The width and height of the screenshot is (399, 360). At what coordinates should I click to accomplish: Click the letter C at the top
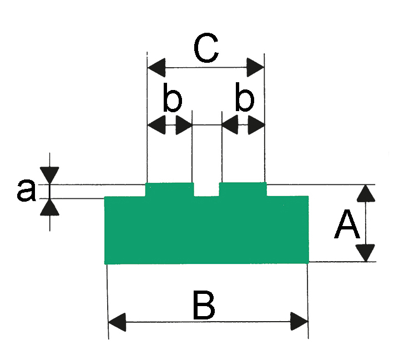pyautogui.click(x=206, y=48)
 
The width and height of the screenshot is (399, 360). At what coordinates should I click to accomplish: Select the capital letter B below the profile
pyautogui.click(x=204, y=305)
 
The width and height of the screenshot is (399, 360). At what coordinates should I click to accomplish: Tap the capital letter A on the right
pyautogui.click(x=347, y=224)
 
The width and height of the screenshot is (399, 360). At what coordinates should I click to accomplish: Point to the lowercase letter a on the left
pyautogui.click(x=26, y=191)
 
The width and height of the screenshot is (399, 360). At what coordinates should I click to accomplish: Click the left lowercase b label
pyautogui.click(x=172, y=97)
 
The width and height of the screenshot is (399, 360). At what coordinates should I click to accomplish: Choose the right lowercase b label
pyautogui.click(x=245, y=97)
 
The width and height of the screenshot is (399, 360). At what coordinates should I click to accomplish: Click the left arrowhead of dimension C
pyautogui.click(x=156, y=68)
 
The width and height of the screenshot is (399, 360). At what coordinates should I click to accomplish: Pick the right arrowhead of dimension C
pyautogui.click(x=255, y=68)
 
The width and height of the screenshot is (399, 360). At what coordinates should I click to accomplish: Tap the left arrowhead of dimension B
pyautogui.click(x=117, y=322)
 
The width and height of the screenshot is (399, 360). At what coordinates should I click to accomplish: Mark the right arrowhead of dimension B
pyautogui.click(x=299, y=322)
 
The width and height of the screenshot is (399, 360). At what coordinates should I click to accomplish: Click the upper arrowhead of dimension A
pyautogui.click(x=366, y=193)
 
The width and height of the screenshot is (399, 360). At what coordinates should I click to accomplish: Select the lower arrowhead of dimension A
pyautogui.click(x=366, y=253)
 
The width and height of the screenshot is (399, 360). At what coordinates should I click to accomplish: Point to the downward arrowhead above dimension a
pyautogui.click(x=49, y=176)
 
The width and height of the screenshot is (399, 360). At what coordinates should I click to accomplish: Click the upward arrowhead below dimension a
pyautogui.click(x=49, y=207)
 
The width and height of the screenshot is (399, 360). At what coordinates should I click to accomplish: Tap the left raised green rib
pyautogui.click(x=169, y=189)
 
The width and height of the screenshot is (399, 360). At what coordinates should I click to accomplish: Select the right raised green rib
pyautogui.click(x=243, y=189)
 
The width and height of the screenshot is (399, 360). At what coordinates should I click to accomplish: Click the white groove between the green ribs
pyautogui.click(x=206, y=189)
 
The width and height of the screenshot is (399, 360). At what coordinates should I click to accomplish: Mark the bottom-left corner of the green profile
pyautogui.click(x=105, y=264)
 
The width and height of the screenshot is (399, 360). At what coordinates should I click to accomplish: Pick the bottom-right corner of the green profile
pyautogui.click(x=309, y=263)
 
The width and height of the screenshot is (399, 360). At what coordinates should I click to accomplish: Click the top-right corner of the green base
pyautogui.click(x=309, y=196)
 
